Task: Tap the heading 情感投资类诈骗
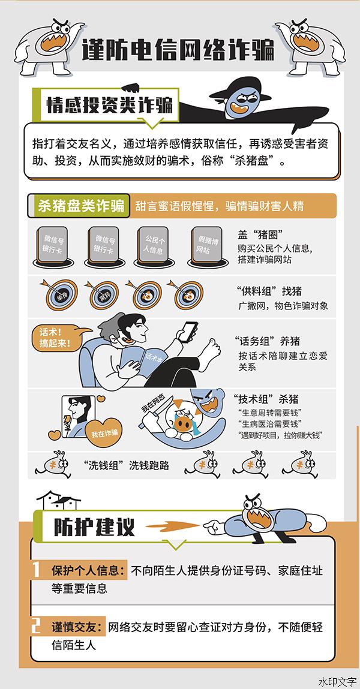109,106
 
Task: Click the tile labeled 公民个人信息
154,245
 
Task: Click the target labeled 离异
104,295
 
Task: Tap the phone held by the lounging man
188,332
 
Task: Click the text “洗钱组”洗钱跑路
126,465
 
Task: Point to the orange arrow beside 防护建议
172,526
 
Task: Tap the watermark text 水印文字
338,682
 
